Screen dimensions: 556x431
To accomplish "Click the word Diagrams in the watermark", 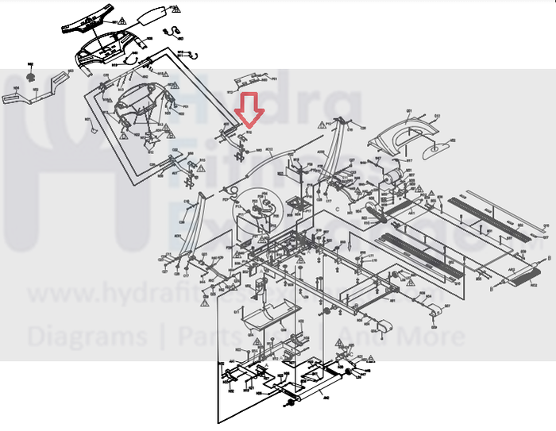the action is click(x=87, y=336).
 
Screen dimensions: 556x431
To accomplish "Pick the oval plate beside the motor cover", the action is click(x=435, y=148).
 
